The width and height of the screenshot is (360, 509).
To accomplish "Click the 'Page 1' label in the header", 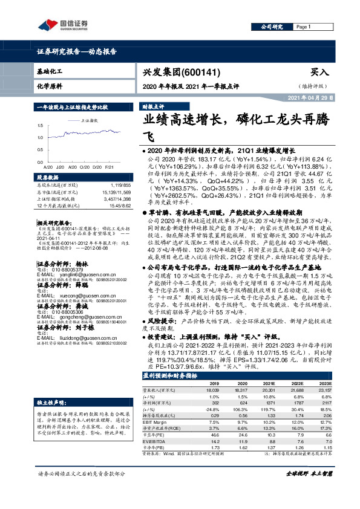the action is pyautogui.click(x=302, y=27).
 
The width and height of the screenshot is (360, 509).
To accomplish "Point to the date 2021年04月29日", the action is pyautogui.click(x=310, y=97).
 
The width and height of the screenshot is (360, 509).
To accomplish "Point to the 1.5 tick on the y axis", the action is pyautogui.click(x=40, y=126).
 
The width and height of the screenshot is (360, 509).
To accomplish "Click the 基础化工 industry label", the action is pyautogui.click(x=50, y=71).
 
